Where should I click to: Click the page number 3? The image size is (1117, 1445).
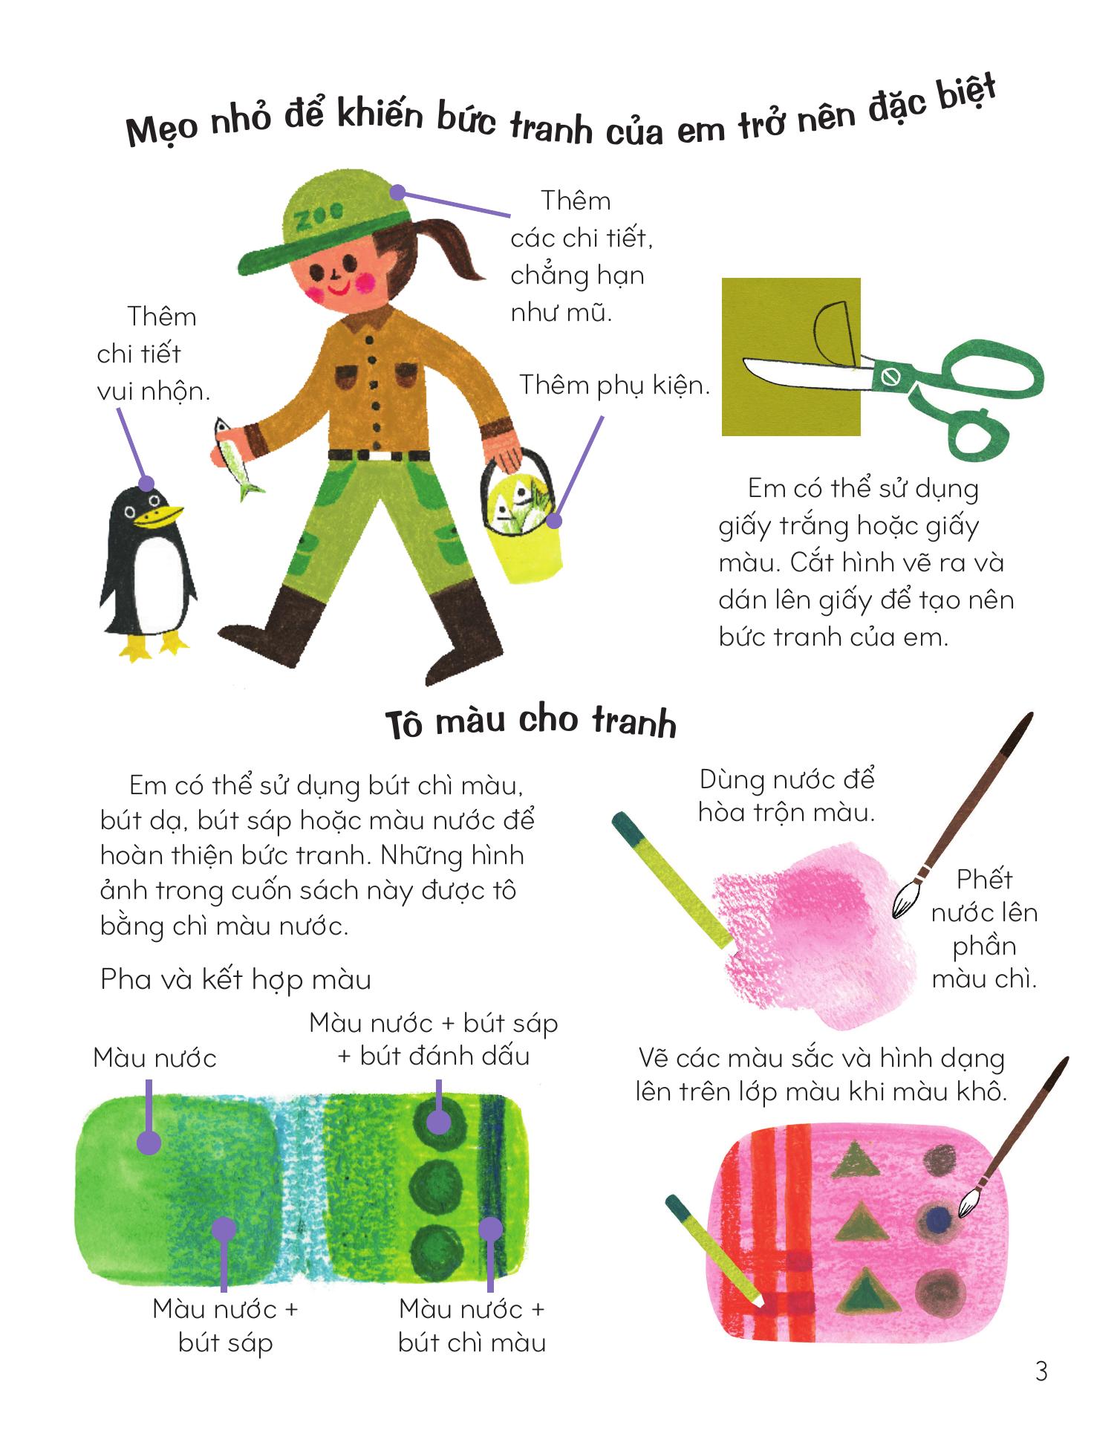pos(1041,1371)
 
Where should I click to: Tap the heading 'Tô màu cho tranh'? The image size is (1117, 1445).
pos(531,721)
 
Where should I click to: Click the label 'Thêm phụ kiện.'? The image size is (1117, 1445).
pos(614,385)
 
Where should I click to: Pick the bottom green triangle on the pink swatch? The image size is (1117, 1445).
pos(864,1290)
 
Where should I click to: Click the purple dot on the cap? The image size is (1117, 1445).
pos(398,192)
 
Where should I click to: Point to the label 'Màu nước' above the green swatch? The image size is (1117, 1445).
pos(154,1058)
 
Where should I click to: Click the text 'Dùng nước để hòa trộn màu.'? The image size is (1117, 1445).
pos(787,796)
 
